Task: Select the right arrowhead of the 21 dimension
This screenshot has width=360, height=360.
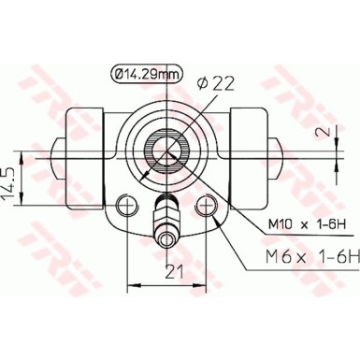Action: [x=206, y=284]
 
